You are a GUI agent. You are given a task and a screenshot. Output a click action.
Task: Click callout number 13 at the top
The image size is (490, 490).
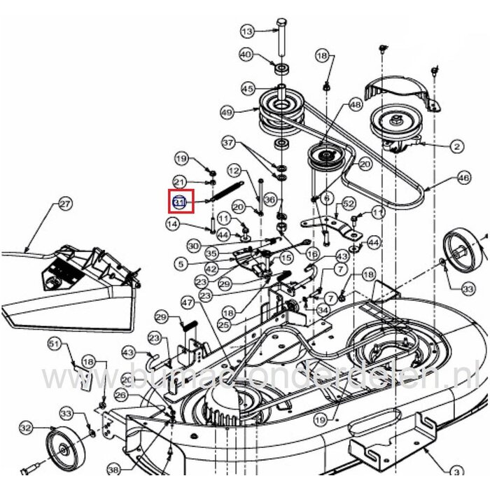tap(246, 31)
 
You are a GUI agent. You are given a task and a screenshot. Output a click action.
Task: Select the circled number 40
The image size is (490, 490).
tap(246, 55)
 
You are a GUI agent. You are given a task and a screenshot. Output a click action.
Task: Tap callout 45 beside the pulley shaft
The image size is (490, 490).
tap(248, 89)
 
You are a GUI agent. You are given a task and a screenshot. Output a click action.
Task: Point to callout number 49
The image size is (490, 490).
tap(225, 112)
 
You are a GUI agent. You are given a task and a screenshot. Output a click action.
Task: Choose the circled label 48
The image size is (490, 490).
tap(356, 104)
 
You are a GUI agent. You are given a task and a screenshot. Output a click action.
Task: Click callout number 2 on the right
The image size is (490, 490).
tap(456, 146)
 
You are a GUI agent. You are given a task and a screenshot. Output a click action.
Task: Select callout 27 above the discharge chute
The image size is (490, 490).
tap(64, 204)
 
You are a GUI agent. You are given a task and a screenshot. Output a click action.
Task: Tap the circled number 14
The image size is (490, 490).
tap(173, 223)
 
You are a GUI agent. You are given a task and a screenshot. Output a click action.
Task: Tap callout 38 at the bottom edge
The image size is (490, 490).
tap(114, 471)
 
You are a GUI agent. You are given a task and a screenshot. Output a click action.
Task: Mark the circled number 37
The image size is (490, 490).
tap(227, 142)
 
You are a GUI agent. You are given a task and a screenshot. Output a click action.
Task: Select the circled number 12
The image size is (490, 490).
tap(234, 171)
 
